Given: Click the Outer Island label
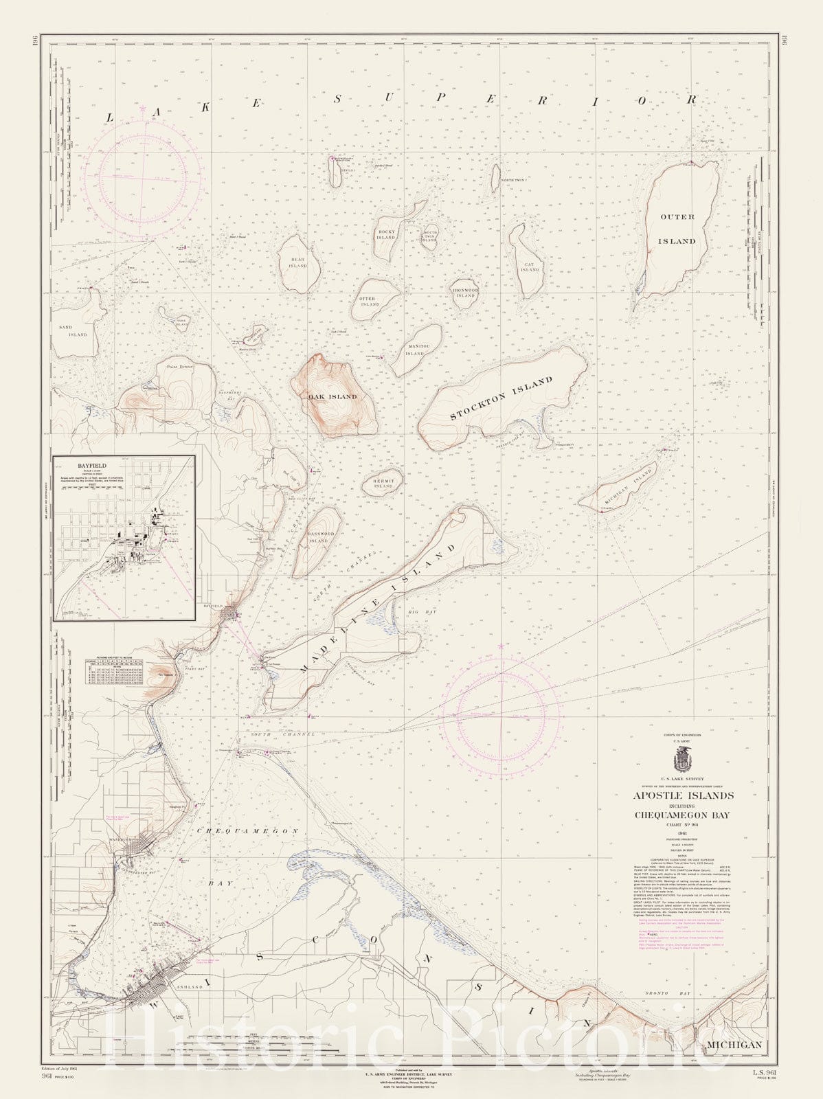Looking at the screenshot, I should pos(677,229).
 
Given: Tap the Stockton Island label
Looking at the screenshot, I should pos(501,398).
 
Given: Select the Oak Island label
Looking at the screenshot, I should pos(332,397).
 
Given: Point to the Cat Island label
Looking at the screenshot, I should pos(530,267).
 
